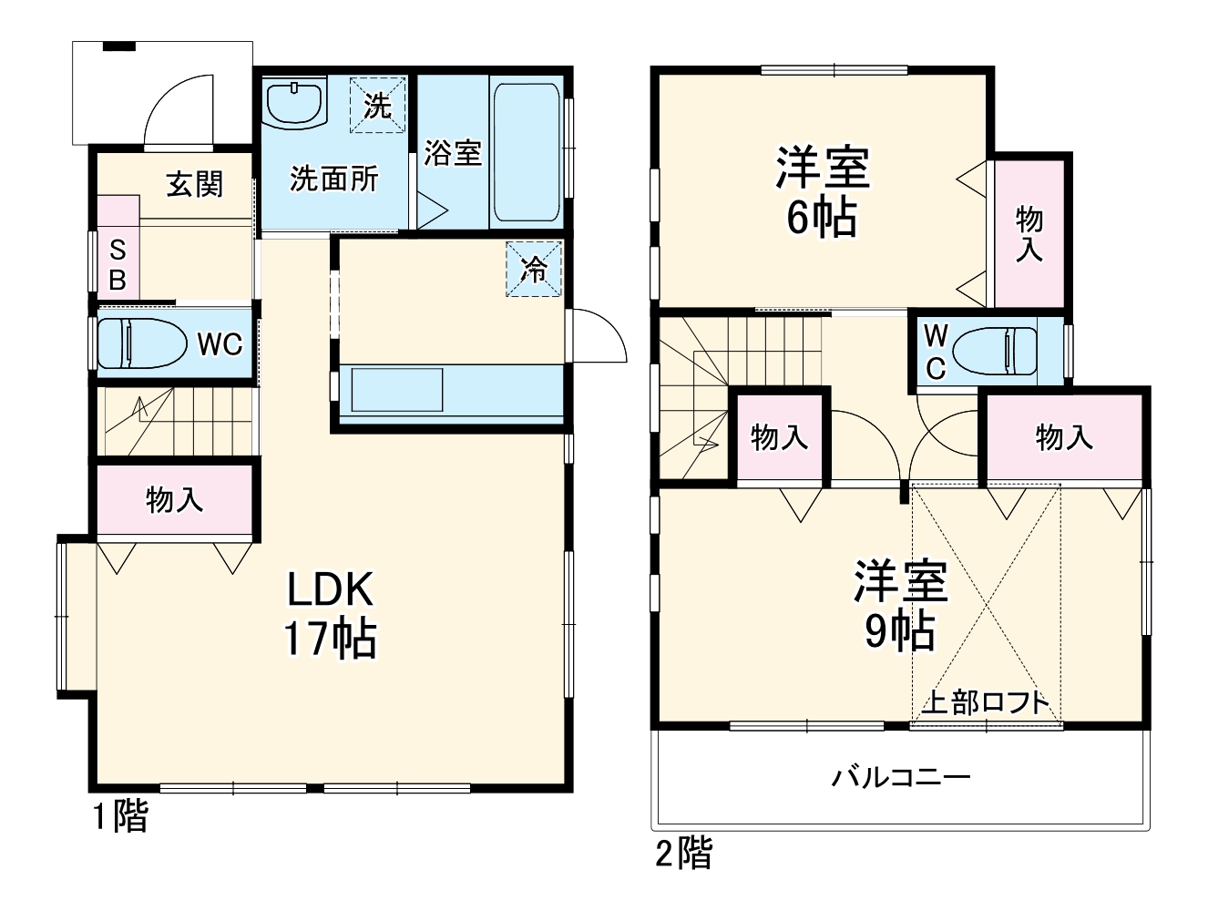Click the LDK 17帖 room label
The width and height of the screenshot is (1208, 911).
tap(330, 614)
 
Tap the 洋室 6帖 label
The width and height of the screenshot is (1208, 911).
tap(822, 191)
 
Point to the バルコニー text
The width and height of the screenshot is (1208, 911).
tap(900, 778)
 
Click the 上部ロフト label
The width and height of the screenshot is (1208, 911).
tap(986, 703)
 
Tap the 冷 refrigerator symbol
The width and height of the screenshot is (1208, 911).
tap(535, 269)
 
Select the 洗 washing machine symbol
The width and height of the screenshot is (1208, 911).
tap(377, 106)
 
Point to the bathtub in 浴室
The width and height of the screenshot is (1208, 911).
tap(526, 152)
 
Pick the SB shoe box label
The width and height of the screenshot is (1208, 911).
tap(118, 265)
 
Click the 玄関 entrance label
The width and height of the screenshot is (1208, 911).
tap(195, 184)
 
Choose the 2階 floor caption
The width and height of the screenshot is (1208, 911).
tap(684, 854)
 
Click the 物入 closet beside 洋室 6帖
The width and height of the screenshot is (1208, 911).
tap(1029, 234)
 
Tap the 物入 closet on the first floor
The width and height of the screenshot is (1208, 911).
tap(174, 499)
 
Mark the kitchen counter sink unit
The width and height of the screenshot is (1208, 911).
tap(398, 390)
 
